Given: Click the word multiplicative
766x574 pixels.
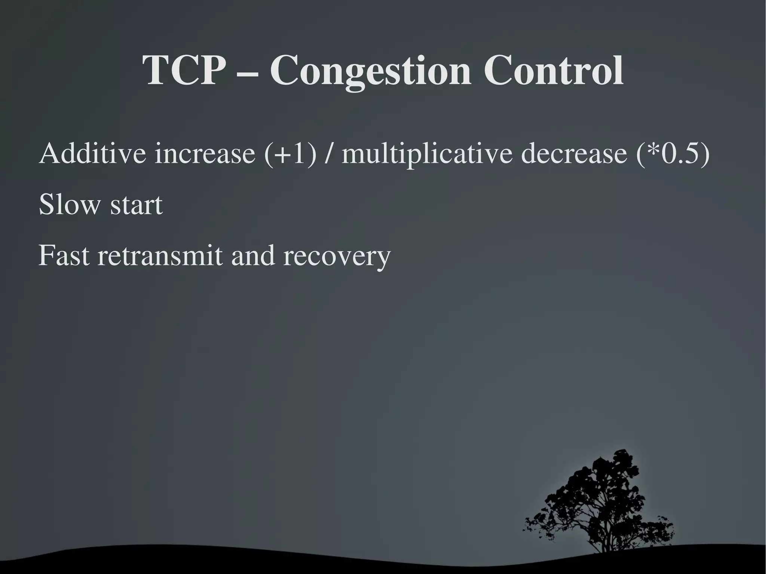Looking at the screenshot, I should pyautogui.click(x=427, y=154).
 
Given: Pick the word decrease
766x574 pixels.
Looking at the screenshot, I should pyautogui.click(x=574, y=154).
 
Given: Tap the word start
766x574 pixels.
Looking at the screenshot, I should pyautogui.click(x=137, y=206).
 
